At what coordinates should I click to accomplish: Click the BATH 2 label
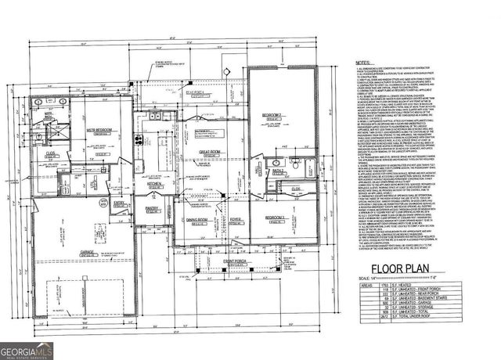[277, 170]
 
